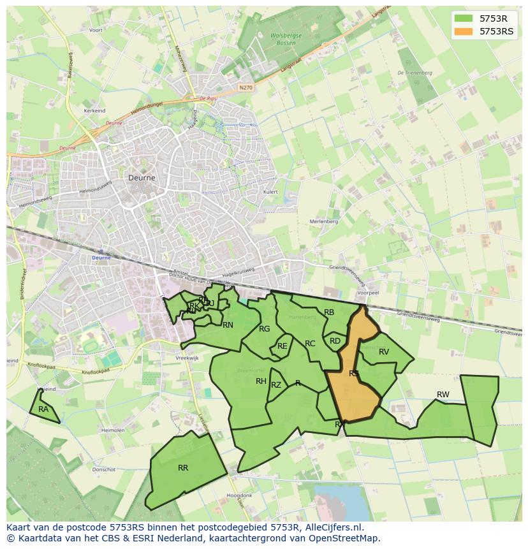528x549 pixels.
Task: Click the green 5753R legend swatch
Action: tap(464, 18)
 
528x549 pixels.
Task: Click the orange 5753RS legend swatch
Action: tap(464, 31)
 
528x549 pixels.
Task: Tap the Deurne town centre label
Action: tap(142, 178)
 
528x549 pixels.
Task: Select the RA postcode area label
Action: tap(43, 409)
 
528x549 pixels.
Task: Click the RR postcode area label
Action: tap(183, 468)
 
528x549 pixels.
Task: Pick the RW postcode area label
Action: tap(443, 395)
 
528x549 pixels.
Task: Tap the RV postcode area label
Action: tap(384, 352)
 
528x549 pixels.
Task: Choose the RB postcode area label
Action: tap(329, 312)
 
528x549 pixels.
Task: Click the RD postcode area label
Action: tap(335, 341)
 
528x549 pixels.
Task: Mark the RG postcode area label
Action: tap(265, 329)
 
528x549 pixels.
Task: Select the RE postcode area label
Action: tap(282, 346)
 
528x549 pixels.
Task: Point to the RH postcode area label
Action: tap(261, 381)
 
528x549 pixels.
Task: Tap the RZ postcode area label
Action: tap(276, 385)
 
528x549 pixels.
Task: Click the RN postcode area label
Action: tap(228, 325)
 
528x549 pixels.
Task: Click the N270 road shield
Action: tap(246, 87)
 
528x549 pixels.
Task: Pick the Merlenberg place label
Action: tap(323, 221)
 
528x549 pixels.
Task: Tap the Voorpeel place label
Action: tap(368, 293)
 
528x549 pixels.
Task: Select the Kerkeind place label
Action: tap(94, 110)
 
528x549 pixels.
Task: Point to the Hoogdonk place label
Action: tap(239, 495)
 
